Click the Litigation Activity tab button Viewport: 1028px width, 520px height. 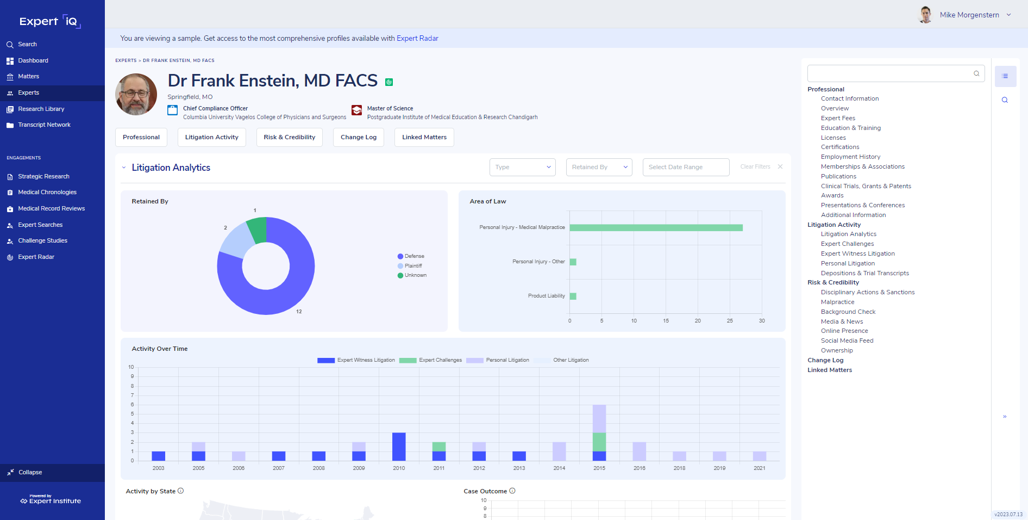click(211, 137)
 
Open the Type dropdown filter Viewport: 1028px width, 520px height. click(522, 167)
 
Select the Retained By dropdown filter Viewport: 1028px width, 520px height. click(599, 167)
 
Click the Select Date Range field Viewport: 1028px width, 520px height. click(685, 167)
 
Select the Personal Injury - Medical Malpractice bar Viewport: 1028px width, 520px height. click(655, 227)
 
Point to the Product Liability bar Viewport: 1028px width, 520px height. click(573, 296)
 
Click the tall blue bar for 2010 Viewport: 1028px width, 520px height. click(399, 446)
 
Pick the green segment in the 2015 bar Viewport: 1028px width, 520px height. click(599, 442)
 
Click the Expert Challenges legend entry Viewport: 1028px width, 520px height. click(431, 360)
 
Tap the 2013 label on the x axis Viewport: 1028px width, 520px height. click(519, 468)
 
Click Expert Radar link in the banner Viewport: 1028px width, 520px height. click(417, 38)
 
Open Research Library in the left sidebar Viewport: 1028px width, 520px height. click(41, 109)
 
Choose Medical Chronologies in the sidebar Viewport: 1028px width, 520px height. click(47, 192)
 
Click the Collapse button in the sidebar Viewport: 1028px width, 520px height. click(30, 472)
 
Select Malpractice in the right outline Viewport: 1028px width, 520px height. click(837, 302)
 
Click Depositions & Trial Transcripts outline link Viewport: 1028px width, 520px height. click(864, 273)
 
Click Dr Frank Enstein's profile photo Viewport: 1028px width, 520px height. click(136, 94)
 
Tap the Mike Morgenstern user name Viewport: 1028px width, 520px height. click(969, 15)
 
